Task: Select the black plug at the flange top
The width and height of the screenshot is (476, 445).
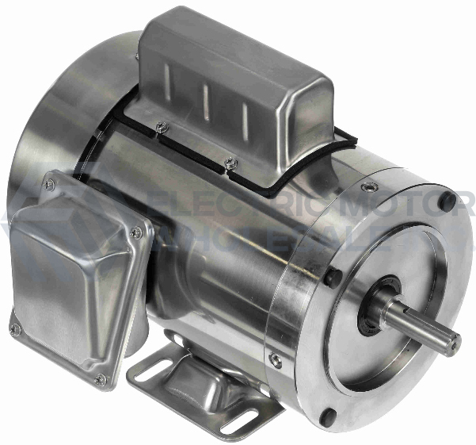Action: [x=447, y=203]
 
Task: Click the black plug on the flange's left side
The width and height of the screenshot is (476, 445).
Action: [x=333, y=278]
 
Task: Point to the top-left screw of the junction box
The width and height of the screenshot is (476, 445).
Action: [x=49, y=185]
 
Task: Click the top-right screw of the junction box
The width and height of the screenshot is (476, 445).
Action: [x=136, y=232]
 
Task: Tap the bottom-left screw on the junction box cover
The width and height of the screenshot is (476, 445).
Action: [x=14, y=328]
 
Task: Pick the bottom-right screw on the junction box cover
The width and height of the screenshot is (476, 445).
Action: [x=101, y=379]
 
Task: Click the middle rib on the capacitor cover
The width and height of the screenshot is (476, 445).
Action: [x=205, y=102]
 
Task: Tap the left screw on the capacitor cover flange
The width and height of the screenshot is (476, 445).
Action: [x=162, y=126]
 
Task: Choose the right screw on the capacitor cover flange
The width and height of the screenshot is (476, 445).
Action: [x=230, y=163]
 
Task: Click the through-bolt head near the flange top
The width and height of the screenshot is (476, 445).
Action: [x=369, y=188]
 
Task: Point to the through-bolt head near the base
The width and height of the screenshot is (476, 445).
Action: [x=275, y=360]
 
